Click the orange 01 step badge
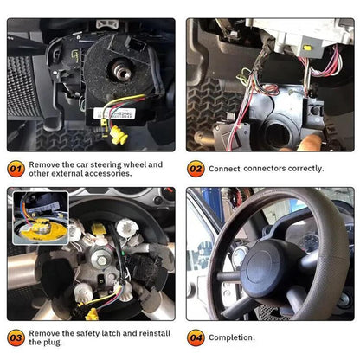click(16, 168)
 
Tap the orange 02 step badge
click(196, 168)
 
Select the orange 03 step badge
click(16, 337)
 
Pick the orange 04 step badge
click(196, 337)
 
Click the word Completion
click(232, 337)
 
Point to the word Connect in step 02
click(224, 168)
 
